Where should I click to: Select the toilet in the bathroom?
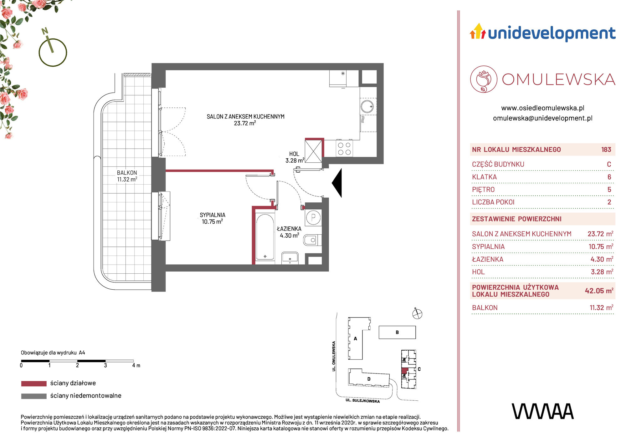[x=312, y=240]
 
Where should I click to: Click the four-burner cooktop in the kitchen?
[x=344, y=149]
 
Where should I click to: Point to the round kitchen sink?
[x=367, y=106]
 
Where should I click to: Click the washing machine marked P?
[x=313, y=217]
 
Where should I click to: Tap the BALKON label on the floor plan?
[x=127, y=173]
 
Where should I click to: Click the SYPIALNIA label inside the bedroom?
[x=213, y=215]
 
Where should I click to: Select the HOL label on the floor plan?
[x=294, y=154]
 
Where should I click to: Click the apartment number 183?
[x=606, y=150]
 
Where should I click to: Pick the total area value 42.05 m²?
[x=599, y=291]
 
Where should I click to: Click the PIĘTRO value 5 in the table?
[x=609, y=190]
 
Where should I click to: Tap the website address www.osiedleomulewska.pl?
[x=543, y=108]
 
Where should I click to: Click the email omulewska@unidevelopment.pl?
[x=543, y=118]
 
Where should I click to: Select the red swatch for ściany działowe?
[x=34, y=384]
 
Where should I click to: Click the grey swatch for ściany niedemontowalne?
[x=34, y=396]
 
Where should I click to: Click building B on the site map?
[x=397, y=332]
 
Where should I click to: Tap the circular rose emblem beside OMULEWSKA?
[x=484, y=79]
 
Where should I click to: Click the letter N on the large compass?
[x=45, y=31]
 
